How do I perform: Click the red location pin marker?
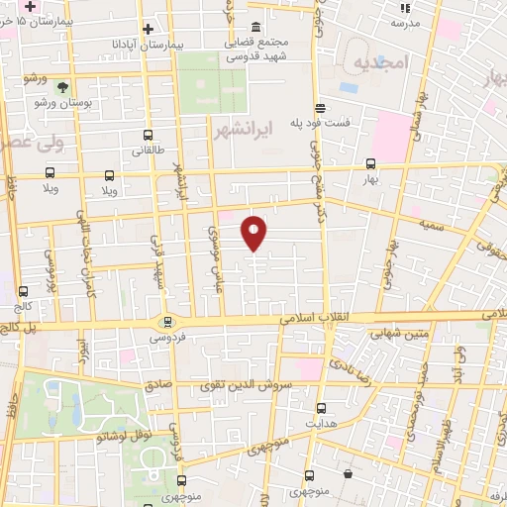tap(254, 233)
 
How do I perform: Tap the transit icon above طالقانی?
tap(149, 136)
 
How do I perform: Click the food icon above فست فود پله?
tap(319, 108)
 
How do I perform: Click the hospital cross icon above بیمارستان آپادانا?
tap(148, 30)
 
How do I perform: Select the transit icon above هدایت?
tap(320, 407)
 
